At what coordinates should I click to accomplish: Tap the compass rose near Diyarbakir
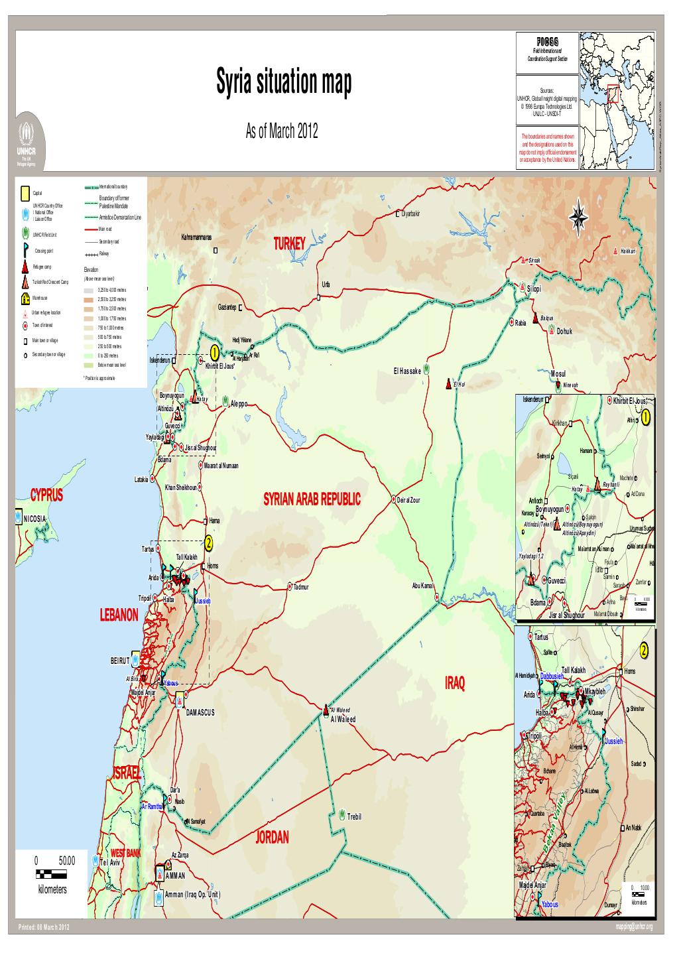point(579,216)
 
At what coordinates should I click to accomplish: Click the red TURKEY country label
point(288,244)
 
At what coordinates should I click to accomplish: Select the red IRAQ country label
point(455,683)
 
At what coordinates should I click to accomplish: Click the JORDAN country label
point(272,837)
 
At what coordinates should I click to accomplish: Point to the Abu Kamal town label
point(422,586)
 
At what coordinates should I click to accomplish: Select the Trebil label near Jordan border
point(354,816)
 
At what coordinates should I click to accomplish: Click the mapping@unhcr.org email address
point(635,927)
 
